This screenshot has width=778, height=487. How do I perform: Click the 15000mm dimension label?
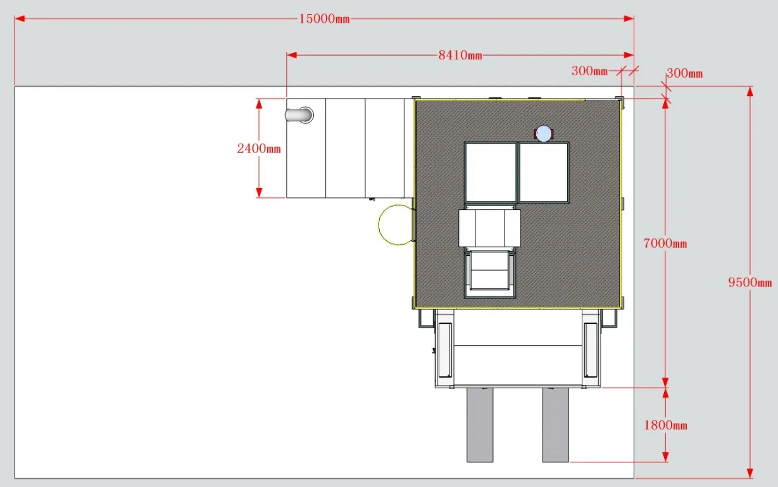324,19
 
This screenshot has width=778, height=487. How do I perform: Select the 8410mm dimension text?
460,55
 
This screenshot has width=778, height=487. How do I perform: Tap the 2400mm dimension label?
259,149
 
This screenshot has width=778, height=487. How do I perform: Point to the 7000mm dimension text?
665,244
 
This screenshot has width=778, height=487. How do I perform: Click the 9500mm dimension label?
750,282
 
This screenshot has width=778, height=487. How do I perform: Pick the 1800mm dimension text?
665,425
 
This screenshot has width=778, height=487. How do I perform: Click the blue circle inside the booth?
544,133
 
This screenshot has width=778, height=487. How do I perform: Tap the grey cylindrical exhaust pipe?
299,115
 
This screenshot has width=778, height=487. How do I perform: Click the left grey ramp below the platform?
480,425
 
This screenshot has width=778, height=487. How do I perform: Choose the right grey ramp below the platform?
555,425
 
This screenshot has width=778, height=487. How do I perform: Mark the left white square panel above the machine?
491,173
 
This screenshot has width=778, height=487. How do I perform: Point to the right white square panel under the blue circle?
544,173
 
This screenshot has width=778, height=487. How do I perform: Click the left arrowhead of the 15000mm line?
20,18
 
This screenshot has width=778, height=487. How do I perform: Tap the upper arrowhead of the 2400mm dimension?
259,104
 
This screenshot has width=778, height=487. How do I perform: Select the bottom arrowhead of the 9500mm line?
750,473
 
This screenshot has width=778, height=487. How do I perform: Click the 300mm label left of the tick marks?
589,71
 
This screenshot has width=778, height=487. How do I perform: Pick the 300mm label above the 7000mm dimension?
684,73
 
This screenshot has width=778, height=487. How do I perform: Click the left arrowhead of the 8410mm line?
291,55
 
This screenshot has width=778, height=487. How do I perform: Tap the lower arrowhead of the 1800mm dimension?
665,457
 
